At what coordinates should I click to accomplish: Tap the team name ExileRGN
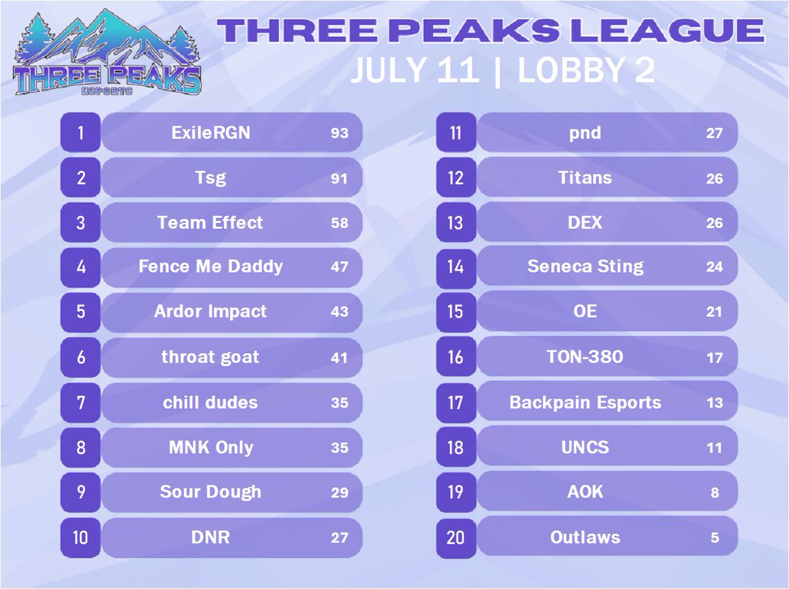[x=210, y=133]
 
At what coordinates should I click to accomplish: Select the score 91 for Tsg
[x=339, y=178]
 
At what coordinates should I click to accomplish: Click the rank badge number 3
[x=80, y=223]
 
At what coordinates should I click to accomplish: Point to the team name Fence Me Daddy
[x=210, y=266]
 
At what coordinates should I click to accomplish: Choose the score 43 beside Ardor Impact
[x=339, y=312]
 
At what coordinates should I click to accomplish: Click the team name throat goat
[x=210, y=357]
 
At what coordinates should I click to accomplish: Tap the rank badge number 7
[x=80, y=402]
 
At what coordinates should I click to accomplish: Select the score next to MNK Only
[x=339, y=448]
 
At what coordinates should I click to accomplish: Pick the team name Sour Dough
[x=210, y=492]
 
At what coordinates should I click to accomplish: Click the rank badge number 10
[x=80, y=537]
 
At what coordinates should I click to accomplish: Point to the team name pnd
[x=585, y=133]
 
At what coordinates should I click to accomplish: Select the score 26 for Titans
[x=715, y=179]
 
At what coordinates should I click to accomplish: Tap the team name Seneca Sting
[x=585, y=266]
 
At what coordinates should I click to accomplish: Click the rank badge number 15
[x=455, y=312]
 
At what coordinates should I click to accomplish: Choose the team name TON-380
[x=585, y=357]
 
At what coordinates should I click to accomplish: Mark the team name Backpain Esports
[x=585, y=402]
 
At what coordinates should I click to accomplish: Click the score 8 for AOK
[x=715, y=492]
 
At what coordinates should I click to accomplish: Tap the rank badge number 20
[x=455, y=537]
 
